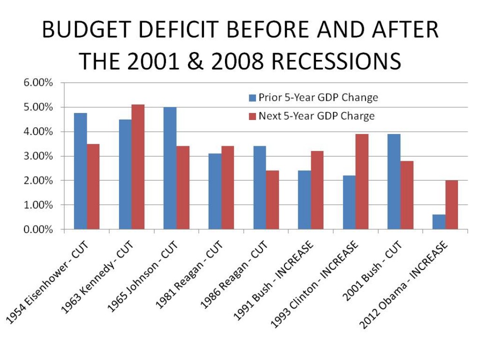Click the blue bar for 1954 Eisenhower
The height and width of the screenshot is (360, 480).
(80, 171)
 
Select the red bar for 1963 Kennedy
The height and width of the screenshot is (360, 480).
(138, 167)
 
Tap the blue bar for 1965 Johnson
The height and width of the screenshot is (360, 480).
(170, 168)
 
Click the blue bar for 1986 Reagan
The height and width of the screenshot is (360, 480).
(260, 187)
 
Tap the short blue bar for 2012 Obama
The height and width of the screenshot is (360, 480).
(439, 222)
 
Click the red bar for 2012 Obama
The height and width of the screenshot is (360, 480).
(451, 205)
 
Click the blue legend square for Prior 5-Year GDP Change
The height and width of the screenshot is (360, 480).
(252, 98)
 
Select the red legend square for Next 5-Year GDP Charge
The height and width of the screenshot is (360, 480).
(252, 116)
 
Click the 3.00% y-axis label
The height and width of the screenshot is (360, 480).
(37, 156)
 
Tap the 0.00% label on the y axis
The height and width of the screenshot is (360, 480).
(37, 229)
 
